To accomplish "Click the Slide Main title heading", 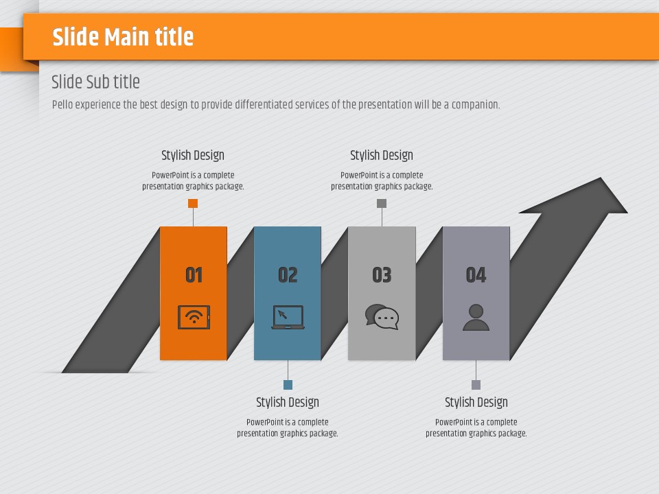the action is click(x=123, y=37).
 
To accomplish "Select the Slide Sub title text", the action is click(x=96, y=82).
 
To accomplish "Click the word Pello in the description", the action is click(x=62, y=104).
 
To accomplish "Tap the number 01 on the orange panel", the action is click(x=194, y=275).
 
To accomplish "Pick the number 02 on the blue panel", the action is click(x=288, y=275).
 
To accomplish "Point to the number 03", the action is click(x=382, y=275).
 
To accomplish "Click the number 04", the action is click(x=476, y=275).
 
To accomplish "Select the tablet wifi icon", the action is click(x=194, y=317).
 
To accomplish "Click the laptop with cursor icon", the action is click(x=288, y=317).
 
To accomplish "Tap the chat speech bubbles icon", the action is click(x=382, y=317).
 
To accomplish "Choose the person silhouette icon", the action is click(x=476, y=317).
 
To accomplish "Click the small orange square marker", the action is click(x=193, y=203).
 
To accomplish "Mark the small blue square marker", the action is click(x=288, y=385).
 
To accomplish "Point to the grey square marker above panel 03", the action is click(x=382, y=203).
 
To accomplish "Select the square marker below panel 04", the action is click(x=476, y=385).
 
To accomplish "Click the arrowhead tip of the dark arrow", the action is click(x=601, y=178).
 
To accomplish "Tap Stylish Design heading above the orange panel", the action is click(x=193, y=156).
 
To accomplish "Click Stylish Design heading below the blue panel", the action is click(x=288, y=403).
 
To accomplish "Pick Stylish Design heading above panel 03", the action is click(x=382, y=156).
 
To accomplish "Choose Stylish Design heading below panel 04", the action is click(x=476, y=403).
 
